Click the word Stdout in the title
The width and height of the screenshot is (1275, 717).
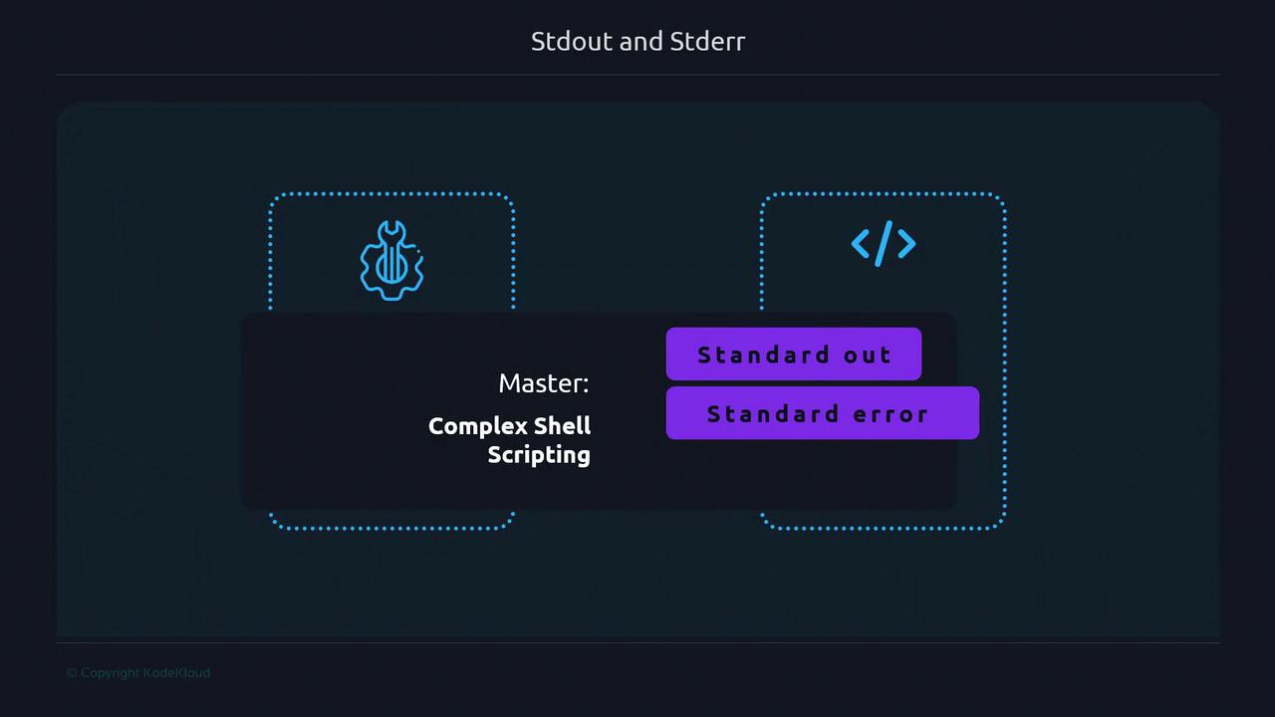(x=572, y=42)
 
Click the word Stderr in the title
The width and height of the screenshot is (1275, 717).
(x=707, y=42)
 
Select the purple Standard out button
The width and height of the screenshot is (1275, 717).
(x=794, y=354)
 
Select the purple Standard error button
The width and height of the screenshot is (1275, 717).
(x=823, y=413)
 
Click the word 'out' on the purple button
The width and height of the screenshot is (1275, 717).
(x=867, y=356)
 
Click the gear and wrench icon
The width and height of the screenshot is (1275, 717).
(x=391, y=260)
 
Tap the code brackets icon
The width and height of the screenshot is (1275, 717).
(x=884, y=244)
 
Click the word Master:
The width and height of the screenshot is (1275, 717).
(x=544, y=383)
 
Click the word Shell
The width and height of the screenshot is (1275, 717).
(x=562, y=425)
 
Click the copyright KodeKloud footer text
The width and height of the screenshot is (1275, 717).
(x=138, y=672)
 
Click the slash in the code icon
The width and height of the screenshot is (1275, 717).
(x=884, y=244)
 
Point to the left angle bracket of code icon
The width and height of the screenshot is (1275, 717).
(x=860, y=244)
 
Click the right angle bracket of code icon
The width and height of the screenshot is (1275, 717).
(x=906, y=244)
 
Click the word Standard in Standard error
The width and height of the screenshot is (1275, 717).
(x=772, y=413)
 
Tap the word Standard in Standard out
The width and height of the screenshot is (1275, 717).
(x=763, y=355)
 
